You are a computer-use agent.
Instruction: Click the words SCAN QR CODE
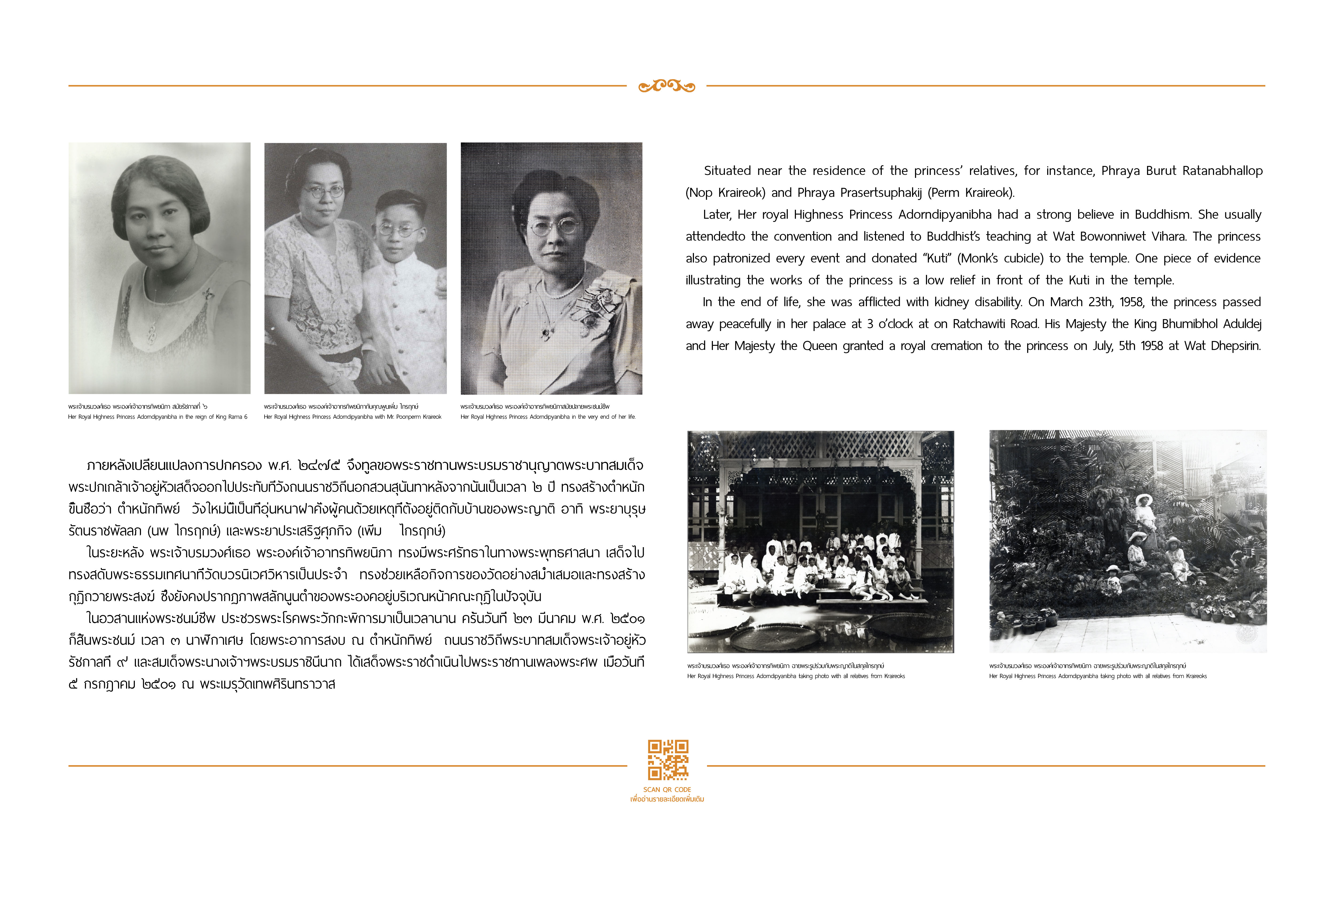[667, 789]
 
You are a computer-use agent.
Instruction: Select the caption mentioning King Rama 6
[158, 417]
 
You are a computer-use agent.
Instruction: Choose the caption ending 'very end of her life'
[548, 417]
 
